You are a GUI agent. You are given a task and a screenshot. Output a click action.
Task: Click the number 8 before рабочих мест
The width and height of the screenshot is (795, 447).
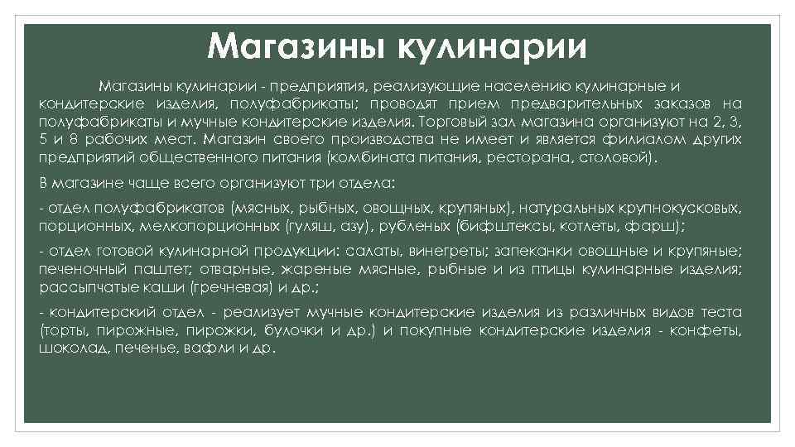(x=75, y=138)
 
